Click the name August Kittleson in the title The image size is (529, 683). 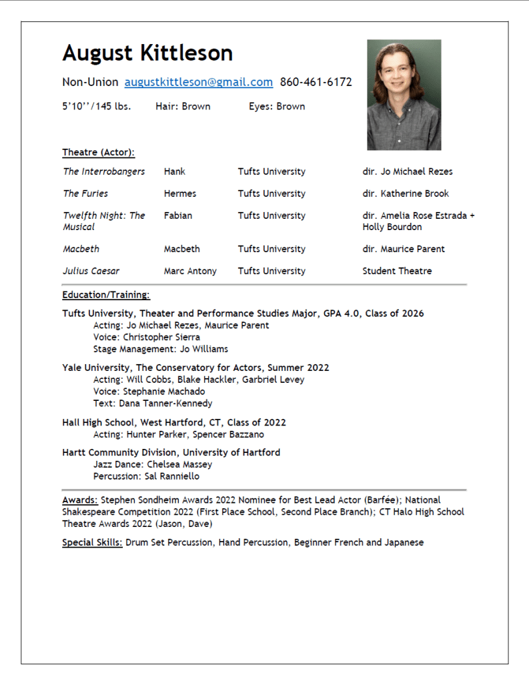(x=147, y=53)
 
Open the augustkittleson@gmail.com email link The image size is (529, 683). (x=199, y=82)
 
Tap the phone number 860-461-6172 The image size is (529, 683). (x=316, y=82)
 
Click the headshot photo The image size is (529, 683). (x=404, y=95)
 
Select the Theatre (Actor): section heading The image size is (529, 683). (x=98, y=152)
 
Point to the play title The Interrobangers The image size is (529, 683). (x=103, y=171)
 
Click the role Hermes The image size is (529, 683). (x=180, y=193)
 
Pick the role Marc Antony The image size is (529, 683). (x=190, y=271)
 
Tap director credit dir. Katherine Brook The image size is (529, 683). (x=406, y=193)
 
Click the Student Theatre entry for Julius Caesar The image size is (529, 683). (x=397, y=271)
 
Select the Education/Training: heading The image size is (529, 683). (x=106, y=294)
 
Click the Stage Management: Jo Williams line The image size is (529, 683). (x=160, y=349)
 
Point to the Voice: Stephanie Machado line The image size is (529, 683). (x=149, y=392)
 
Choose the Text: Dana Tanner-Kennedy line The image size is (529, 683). (x=153, y=404)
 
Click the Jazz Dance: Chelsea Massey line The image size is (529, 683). (x=153, y=464)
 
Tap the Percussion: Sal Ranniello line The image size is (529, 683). (x=146, y=476)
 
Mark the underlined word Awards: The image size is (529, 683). (x=80, y=500)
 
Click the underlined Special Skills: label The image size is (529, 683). (x=92, y=542)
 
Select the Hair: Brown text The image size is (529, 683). (x=183, y=106)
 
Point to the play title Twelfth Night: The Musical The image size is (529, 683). (x=103, y=221)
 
